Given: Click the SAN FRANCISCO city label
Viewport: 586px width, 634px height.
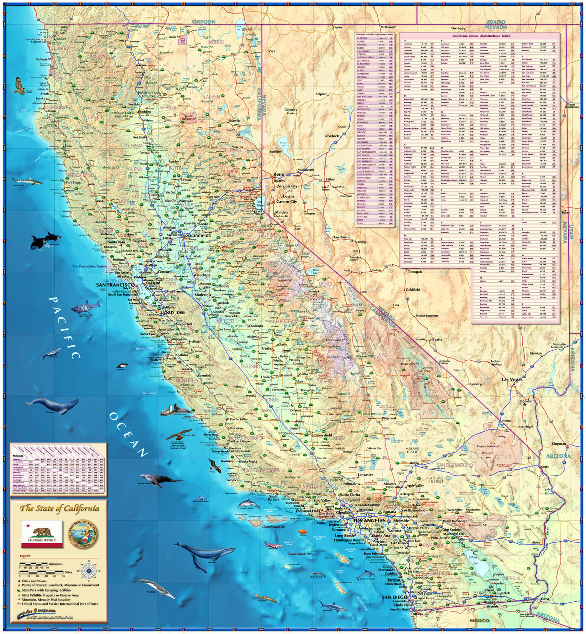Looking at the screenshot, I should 115,285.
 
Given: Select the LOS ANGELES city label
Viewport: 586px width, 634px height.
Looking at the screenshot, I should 369,521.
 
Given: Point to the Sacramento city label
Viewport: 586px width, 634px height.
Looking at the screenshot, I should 198,236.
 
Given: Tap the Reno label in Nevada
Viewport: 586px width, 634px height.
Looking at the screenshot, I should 279,174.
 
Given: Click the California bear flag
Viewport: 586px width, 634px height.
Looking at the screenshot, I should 42,534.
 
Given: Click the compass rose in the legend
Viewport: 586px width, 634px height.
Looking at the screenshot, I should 89,570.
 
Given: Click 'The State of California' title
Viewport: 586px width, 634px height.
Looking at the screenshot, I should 59,508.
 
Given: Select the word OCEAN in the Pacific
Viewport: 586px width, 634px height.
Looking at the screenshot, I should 128,434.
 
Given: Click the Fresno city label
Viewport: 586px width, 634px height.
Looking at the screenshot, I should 267,349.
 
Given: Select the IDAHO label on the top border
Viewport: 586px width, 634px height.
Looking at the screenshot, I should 496,22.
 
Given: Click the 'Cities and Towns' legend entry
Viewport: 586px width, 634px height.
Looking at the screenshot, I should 37,581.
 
